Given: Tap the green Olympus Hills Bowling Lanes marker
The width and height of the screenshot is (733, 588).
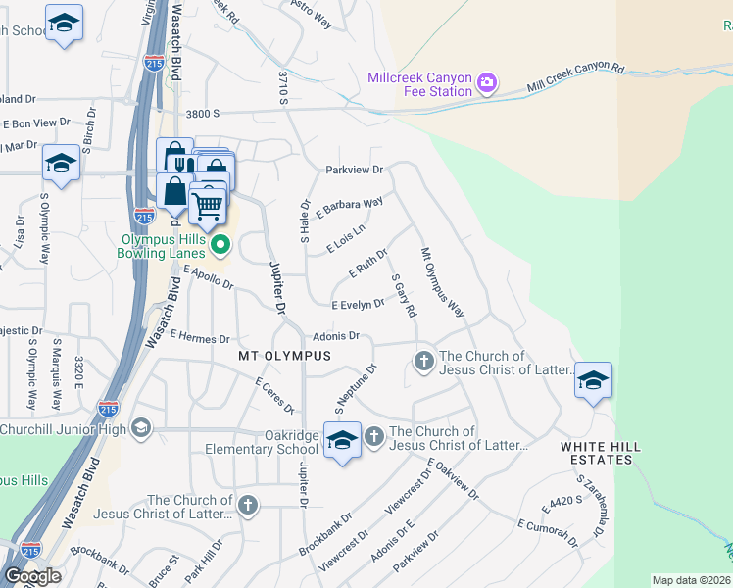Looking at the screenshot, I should tap(220, 244).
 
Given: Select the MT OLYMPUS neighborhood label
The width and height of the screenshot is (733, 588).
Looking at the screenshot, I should tap(284, 355).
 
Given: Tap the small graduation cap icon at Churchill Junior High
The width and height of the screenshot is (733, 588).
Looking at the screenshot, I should tap(142, 427).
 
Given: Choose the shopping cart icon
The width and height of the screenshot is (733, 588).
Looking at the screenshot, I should tap(208, 205).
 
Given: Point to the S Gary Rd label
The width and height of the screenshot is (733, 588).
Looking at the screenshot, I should tap(404, 295).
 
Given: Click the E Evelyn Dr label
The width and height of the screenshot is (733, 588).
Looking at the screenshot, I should tap(357, 306).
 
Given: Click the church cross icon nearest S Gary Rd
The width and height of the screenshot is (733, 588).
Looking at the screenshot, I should tap(423, 362).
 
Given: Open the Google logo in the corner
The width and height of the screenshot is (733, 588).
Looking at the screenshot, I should tap(32, 576).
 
